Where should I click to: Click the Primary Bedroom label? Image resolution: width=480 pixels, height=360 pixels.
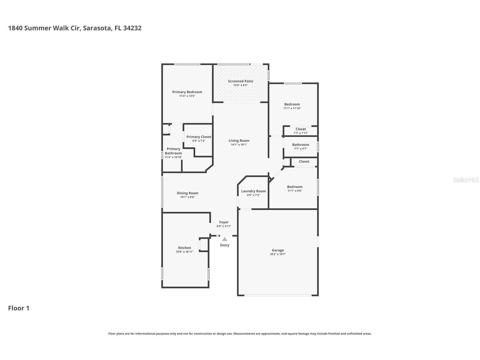(x=187, y=92)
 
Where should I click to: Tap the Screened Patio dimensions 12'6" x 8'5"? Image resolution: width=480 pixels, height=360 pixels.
(x=241, y=85)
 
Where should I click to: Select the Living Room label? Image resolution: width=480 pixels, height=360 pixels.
(x=239, y=141)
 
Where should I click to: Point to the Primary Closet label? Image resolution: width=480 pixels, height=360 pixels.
(x=199, y=137)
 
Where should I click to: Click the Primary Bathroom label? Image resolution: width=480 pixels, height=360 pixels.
(x=173, y=151)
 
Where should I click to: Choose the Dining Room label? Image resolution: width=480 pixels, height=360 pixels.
(x=188, y=193)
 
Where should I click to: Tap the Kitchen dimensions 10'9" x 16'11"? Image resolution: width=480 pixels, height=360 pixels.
(x=185, y=252)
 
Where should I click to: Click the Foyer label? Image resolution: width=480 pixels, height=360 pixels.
(x=224, y=222)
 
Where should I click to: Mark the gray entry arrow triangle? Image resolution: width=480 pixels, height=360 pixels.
(x=225, y=239)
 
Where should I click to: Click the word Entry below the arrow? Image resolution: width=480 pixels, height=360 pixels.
(x=225, y=245)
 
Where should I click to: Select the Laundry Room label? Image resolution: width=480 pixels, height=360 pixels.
(x=253, y=191)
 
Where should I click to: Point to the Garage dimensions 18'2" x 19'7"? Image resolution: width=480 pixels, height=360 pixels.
(x=278, y=254)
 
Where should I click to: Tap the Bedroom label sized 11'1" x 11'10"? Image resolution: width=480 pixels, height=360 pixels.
(x=292, y=104)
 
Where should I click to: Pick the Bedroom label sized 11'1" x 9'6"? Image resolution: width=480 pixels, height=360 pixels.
(x=295, y=187)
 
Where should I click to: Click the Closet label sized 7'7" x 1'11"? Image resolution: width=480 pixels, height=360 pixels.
(x=301, y=129)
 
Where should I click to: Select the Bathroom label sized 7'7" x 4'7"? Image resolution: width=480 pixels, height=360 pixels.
(x=301, y=145)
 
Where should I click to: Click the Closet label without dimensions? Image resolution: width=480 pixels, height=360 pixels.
(x=304, y=161)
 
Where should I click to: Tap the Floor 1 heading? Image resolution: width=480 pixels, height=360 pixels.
(x=19, y=308)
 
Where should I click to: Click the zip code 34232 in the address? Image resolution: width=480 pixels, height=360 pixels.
(x=132, y=28)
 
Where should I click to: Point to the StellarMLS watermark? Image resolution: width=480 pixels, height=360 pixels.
(x=466, y=180)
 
